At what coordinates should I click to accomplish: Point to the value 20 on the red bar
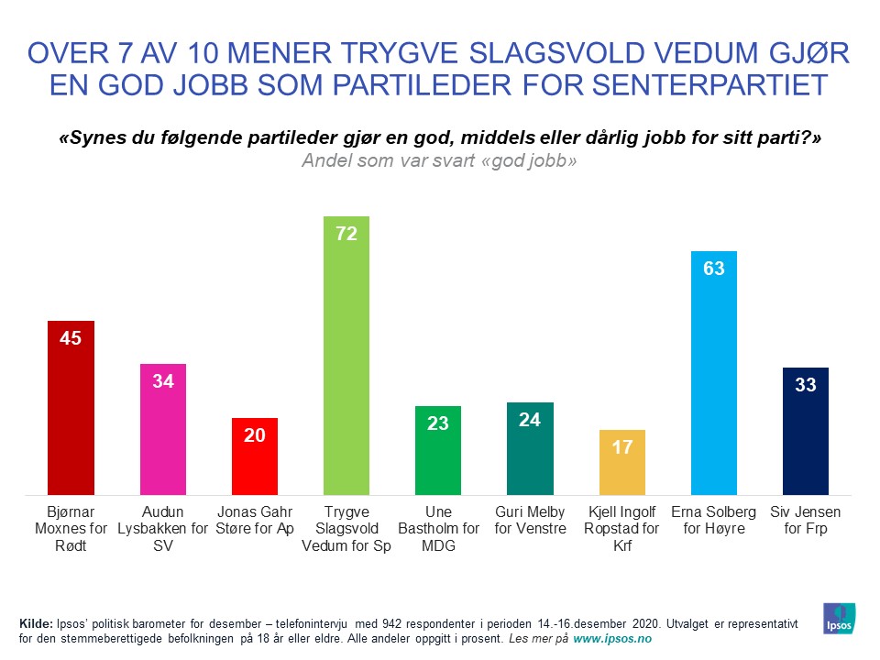click(x=254, y=435)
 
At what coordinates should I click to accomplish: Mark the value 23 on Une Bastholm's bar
click(x=438, y=423)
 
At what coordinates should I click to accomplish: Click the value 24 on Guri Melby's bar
click(x=530, y=420)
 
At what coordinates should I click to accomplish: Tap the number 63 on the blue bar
click(x=714, y=269)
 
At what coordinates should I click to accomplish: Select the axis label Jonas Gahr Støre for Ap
click(x=254, y=520)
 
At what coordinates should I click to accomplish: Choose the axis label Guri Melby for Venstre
click(x=530, y=520)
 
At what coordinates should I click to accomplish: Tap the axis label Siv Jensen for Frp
click(x=806, y=520)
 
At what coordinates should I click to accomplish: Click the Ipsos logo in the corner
click(x=841, y=619)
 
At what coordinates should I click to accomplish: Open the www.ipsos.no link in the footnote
click(x=612, y=638)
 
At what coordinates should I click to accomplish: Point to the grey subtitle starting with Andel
click(x=439, y=159)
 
